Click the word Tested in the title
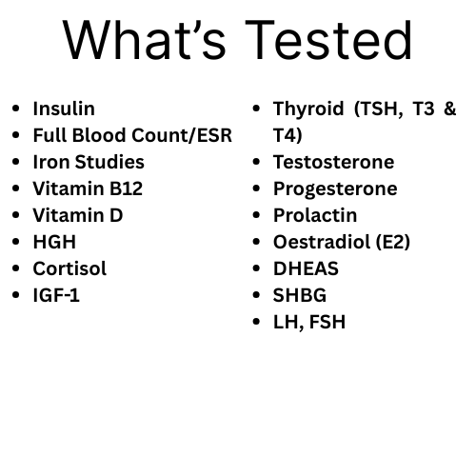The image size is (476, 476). pyautogui.click(x=329, y=40)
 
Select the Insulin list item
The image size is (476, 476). pyautogui.click(x=64, y=109)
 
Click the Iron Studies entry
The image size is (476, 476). pyautogui.click(x=89, y=162)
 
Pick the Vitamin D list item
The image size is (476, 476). pyautogui.click(x=78, y=215)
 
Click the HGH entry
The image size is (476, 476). pyautogui.click(x=54, y=242)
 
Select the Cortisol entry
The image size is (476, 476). pyautogui.click(x=69, y=268)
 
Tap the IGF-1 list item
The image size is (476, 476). pyautogui.click(x=56, y=295)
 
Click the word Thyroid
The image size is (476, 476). pyautogui.click(x=310, y=109)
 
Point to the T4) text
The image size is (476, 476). pyautogui.click(x=288, y=135)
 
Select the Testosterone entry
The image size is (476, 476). pyautogui.click(x=333, y=162)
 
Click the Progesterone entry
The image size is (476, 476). pyautogui.click(x=335, y=188)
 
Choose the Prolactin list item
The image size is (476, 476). pyautogui.click(x=315, y=215)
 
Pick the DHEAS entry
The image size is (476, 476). pyautogui.click(x=306, y=268)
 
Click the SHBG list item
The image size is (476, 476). pyautogui.click(x=300, y=295)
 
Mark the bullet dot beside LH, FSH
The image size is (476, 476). pyautogui.click(x=256, y=322)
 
